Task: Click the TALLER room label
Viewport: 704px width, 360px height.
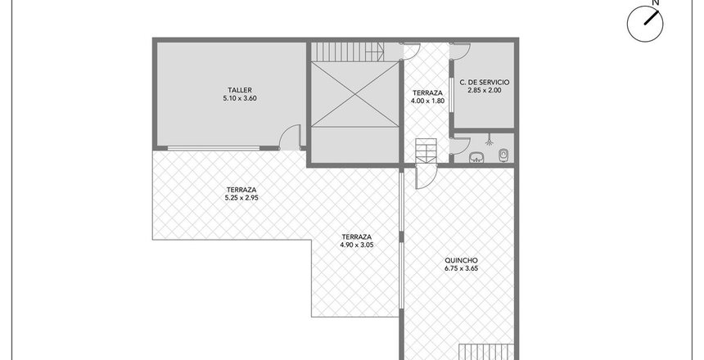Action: click(239, 90)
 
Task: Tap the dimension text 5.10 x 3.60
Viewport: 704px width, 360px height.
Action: click(240, 98)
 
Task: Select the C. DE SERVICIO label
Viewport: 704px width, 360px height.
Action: click(485, 83)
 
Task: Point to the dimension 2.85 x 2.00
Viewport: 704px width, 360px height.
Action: click(485, 90)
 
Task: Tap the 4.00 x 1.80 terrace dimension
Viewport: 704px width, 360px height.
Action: click(427, 101)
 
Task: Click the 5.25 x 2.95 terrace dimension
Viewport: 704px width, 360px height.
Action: click(241, 197)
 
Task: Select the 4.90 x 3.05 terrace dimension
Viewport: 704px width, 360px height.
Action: click(356, 245)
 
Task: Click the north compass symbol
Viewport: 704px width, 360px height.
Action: click(645, 24)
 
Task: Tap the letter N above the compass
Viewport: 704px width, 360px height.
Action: click(656, 2)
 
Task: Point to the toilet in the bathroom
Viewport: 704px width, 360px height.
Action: click(503, 155)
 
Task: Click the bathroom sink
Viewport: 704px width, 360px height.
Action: click(476, 157)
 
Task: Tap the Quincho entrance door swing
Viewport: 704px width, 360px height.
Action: click(426, 178)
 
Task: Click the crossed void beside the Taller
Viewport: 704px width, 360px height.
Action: click(354, 95)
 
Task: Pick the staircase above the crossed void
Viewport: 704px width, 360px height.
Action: click(348, 52)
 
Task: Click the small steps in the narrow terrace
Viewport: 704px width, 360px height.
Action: click(426, 151)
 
